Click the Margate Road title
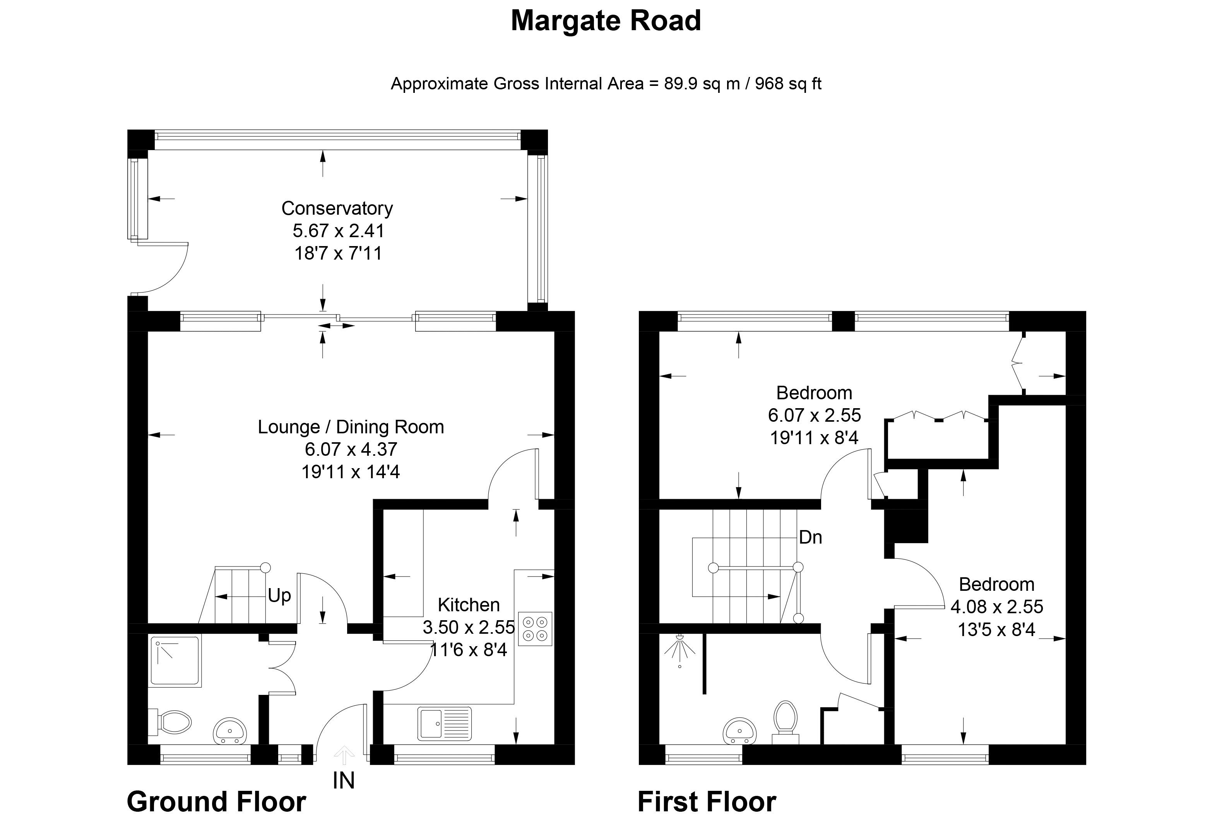point(606,21)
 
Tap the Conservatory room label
point(337,208)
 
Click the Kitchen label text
point(469,605)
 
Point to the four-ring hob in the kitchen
point(535,629)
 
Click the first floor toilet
point(786,722)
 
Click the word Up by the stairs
point(279,596)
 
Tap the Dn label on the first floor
point(810,537)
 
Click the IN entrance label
point(344,780)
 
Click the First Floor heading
point(707,802)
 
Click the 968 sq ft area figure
point(788,84)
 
